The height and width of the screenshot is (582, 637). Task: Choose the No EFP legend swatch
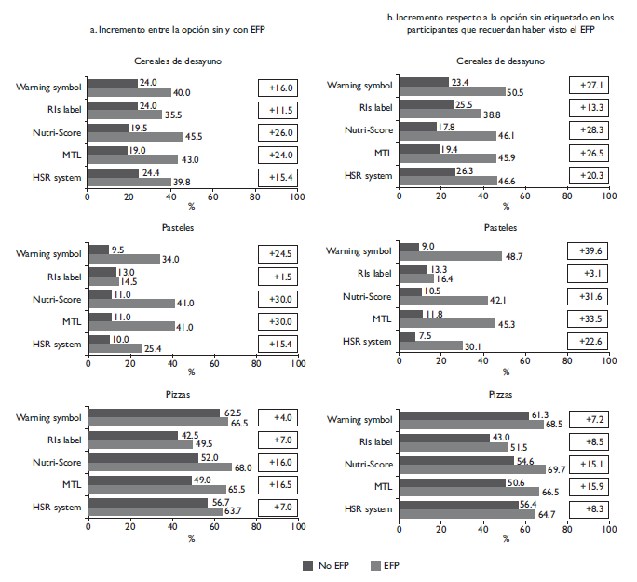click(308, 565)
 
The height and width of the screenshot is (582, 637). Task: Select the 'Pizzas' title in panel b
click(501, 394)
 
